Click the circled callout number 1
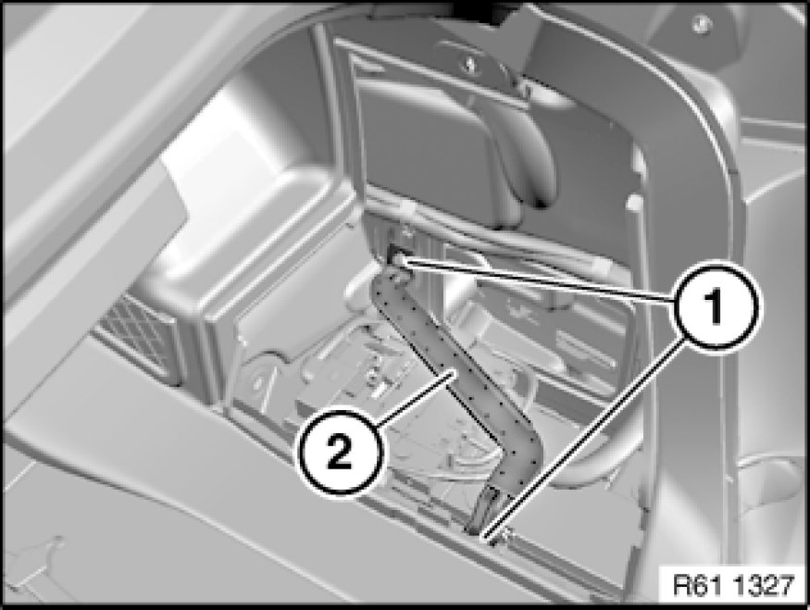point(715,305)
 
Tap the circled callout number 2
point(340,453)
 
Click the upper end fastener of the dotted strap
point(399,256)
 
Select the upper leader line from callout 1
point(538,280)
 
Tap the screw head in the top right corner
point(701,22)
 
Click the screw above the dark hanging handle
point(470,64)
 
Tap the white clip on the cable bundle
point(407,208)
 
